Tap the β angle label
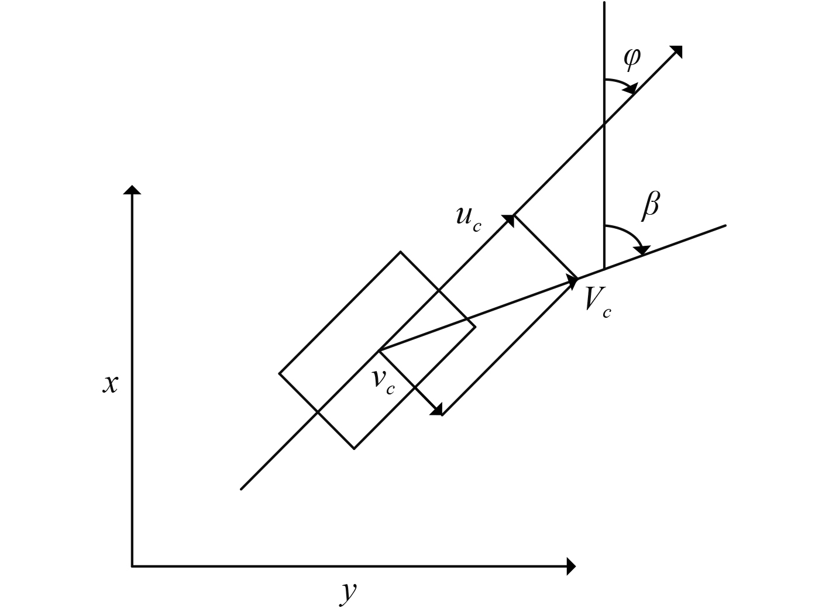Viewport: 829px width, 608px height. click(651, 206)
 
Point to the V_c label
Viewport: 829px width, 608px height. click(597, 302)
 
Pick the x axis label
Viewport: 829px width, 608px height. click(110, 384)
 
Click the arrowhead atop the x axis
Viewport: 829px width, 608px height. click(132, 190)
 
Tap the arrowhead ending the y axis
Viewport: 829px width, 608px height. click(572, 566)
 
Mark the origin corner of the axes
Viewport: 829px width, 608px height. click(132, 566)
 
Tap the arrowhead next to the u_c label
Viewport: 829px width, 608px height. click(508, 220)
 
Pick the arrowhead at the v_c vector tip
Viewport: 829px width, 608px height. click(436, 410)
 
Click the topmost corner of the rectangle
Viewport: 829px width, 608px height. click(400, 252)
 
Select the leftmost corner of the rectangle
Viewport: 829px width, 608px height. click(279, 373)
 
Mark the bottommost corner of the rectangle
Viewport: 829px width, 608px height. click(354, 448)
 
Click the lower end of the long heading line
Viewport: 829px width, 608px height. click(241, 489)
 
